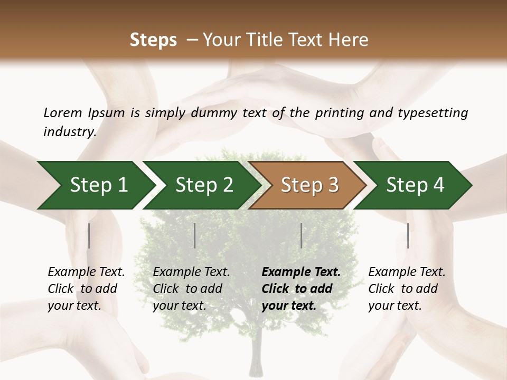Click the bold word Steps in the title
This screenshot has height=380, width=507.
click(153, 40)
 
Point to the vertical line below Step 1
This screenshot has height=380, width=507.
click(89, 235)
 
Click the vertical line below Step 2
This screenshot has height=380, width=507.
click(195, 235)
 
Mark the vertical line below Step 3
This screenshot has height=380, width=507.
click(302, 235)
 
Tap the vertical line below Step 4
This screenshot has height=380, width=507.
click(408, 235)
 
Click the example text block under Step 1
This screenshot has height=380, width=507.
click(86, 289)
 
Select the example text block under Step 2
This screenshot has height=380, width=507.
click(191, 289)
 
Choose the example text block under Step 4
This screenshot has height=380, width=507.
click(407, 289)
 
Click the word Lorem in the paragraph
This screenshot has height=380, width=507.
click(62, 112)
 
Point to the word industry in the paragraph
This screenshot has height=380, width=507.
click(69, 131)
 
